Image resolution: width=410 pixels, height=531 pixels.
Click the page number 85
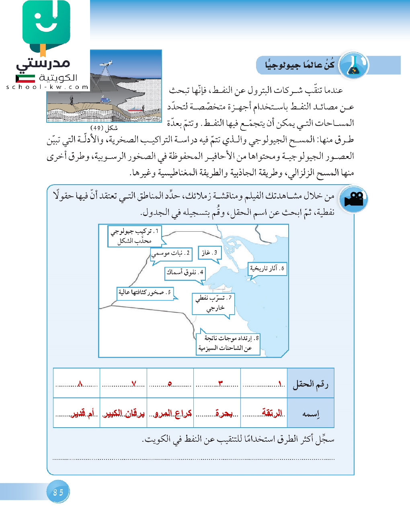[x=58, y=492]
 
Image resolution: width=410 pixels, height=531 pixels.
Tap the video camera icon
[x=353, y=199]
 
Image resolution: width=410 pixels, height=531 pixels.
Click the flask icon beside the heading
[x=354, y=65]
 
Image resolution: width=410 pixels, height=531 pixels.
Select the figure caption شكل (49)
[x=104, y=128]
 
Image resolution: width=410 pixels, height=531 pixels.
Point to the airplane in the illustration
[x=105, y=64]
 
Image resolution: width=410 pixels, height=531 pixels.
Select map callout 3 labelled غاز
[x=210, y=253]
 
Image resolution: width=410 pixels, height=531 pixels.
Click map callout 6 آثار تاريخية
[x=267, y=268]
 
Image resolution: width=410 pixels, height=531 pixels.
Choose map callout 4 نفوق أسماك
[x=185, y=272]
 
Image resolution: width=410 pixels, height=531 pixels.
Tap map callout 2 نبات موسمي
[x=171, y=253]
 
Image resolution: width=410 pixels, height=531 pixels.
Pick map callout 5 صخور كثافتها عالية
[x=145, y=292]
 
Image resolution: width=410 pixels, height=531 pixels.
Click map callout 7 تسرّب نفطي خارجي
[x=213, y=303]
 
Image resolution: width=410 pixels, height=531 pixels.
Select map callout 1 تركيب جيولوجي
[x=134, y=236]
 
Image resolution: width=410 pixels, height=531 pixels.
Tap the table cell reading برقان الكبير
[x=124, y=413]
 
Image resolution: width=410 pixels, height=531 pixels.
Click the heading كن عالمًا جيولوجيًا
[x=300, y=65]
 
